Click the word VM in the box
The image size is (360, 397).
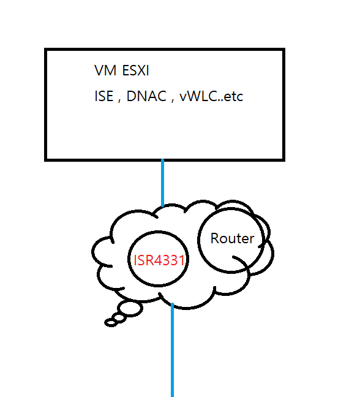tap(105, 70)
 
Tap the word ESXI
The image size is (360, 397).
tap(135, 70)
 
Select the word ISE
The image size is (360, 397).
tap(103, 96)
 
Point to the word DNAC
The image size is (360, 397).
tap(146, 96)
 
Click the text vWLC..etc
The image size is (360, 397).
tap(211, 96)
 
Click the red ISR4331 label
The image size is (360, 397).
tap(159, 260)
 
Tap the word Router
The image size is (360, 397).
tap(232, 238)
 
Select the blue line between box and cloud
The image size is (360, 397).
tap(163, 183)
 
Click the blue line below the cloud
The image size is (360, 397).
tap(172, 350)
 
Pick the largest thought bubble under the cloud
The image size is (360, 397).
tap(130, 308)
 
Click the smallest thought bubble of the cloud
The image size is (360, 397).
tap(111, 323)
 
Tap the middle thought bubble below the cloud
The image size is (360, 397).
tap(119, 318)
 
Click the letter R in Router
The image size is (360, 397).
tap(215, 238)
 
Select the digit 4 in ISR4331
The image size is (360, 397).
tap(158, 260)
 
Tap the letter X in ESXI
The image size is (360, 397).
tap(140, 70)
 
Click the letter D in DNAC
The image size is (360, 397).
tap(132, 96)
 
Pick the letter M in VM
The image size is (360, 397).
tap(111, 70)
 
